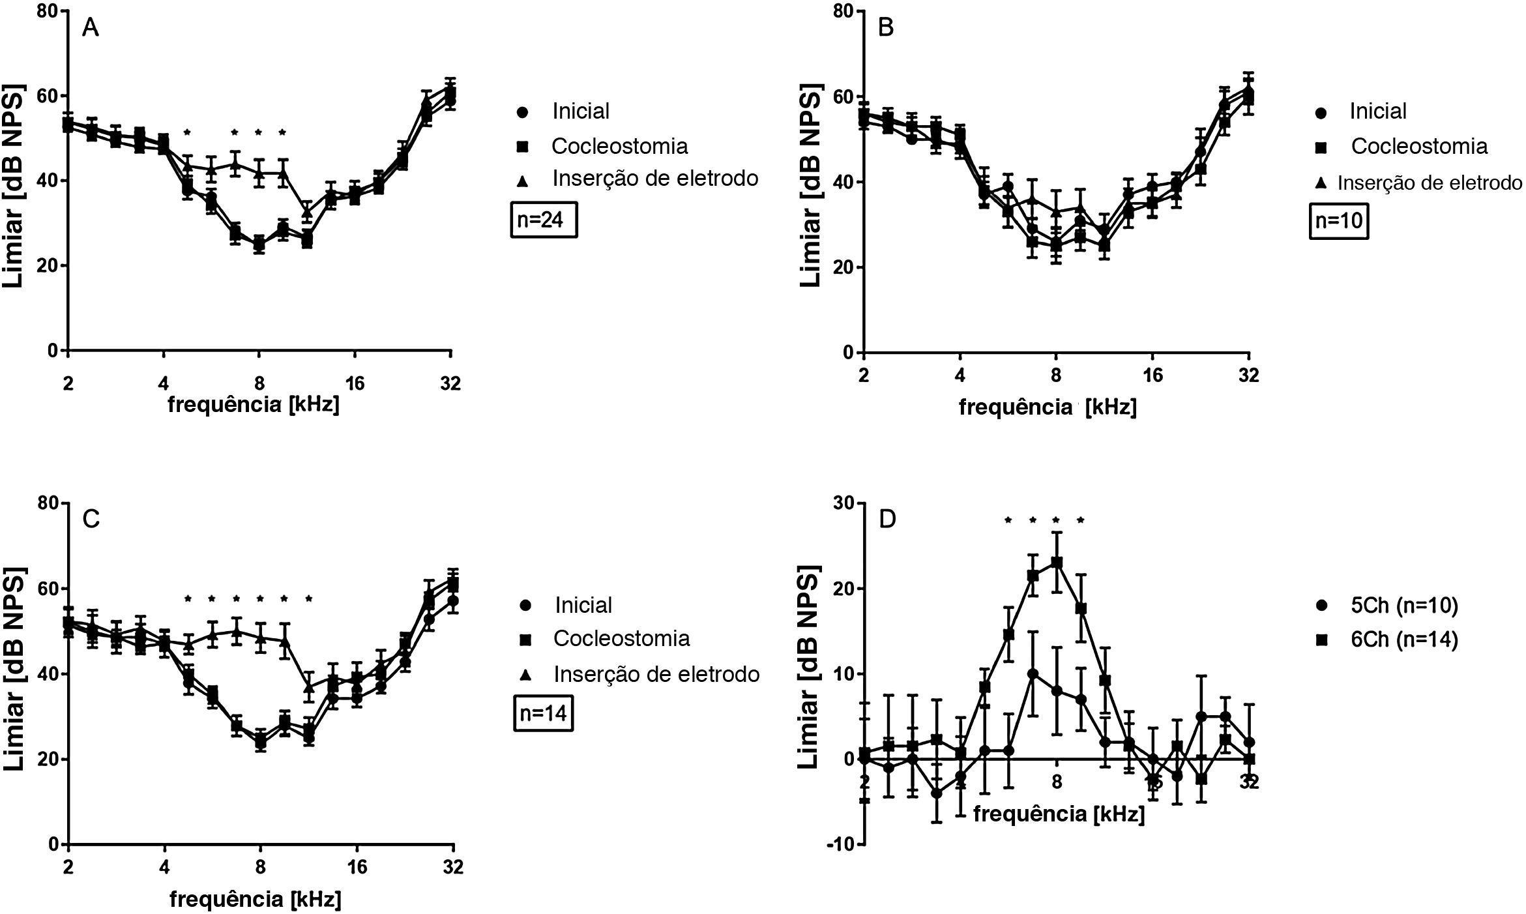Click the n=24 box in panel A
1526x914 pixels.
[x=544, y=220]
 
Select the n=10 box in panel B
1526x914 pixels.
[x=1338, y=220]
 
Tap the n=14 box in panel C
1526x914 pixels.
[x=544, y=714]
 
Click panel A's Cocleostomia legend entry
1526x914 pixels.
[x=619, y=146]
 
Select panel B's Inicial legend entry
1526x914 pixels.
[x=1377, y=111]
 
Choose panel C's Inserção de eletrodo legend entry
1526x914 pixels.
[x=656, y=673]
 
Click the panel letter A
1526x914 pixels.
[x=90, y=29]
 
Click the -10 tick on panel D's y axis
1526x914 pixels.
[x=839, y=844]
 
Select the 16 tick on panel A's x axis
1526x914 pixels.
[x=355, y=383]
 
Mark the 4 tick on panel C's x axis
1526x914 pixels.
[x=164, y=867]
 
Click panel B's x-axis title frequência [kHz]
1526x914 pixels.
[x=1048, y=408]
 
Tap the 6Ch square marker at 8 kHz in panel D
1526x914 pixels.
[x=1057, y=562]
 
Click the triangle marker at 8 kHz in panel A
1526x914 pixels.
[x=259, y=173]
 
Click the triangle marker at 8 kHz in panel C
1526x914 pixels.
[x=260, y=638]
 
